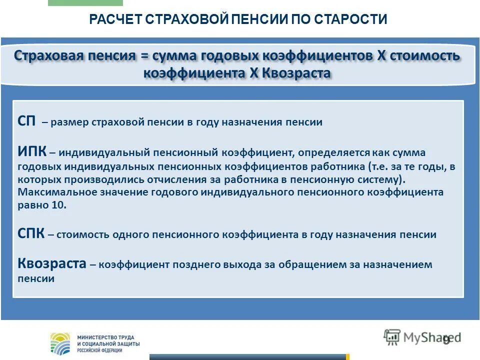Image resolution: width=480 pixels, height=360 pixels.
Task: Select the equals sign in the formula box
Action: pos(144,56)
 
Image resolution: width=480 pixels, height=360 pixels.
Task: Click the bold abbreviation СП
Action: pos(26,122)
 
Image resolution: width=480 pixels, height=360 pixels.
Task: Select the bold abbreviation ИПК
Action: pos(31,152)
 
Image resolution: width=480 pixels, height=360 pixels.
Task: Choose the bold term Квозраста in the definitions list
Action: pos(52,264)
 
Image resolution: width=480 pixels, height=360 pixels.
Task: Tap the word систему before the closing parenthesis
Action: pos(381,178)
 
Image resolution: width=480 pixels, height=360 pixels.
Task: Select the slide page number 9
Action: pos(446,340)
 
